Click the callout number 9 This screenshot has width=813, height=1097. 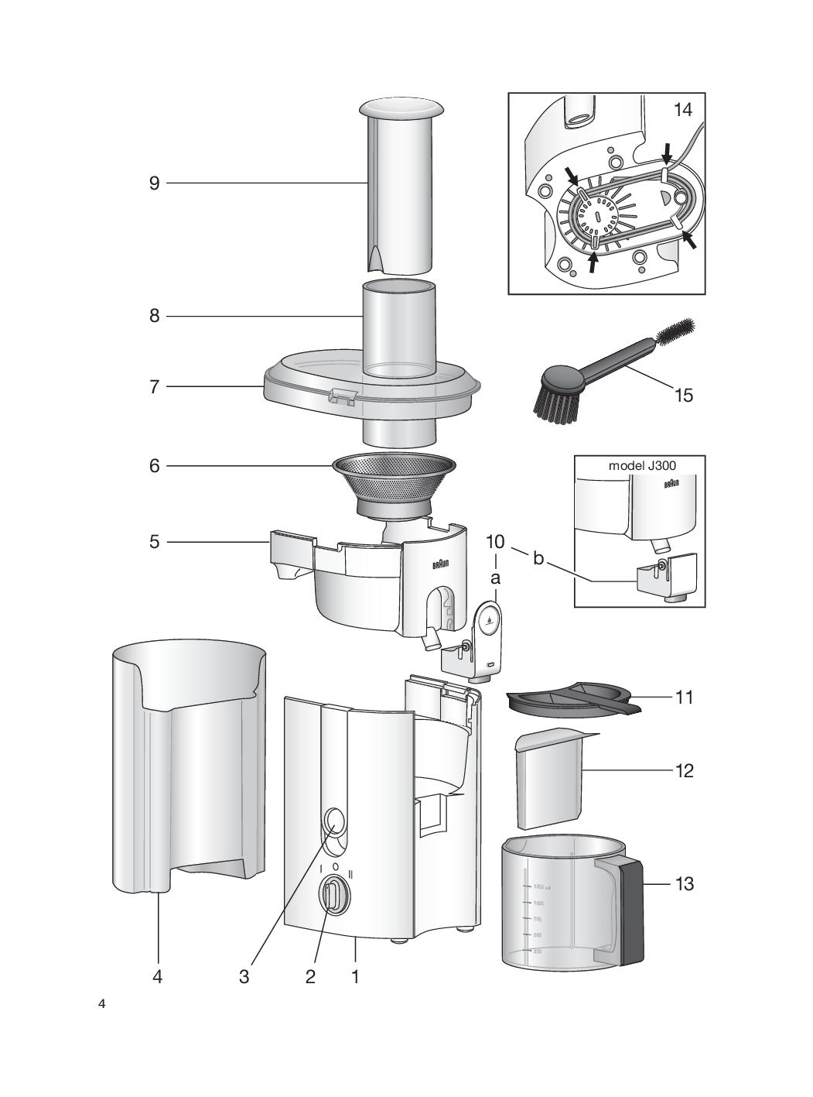155,183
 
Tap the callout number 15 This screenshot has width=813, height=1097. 683,396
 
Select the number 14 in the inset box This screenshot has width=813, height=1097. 682,110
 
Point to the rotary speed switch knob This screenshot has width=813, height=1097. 333,896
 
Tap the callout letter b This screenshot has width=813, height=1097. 538,557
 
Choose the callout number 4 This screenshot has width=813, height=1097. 158,977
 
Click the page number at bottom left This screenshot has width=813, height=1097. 102,1004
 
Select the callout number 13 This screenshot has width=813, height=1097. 684,883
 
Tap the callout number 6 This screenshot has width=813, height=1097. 155,466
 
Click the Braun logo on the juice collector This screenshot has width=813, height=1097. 441,564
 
